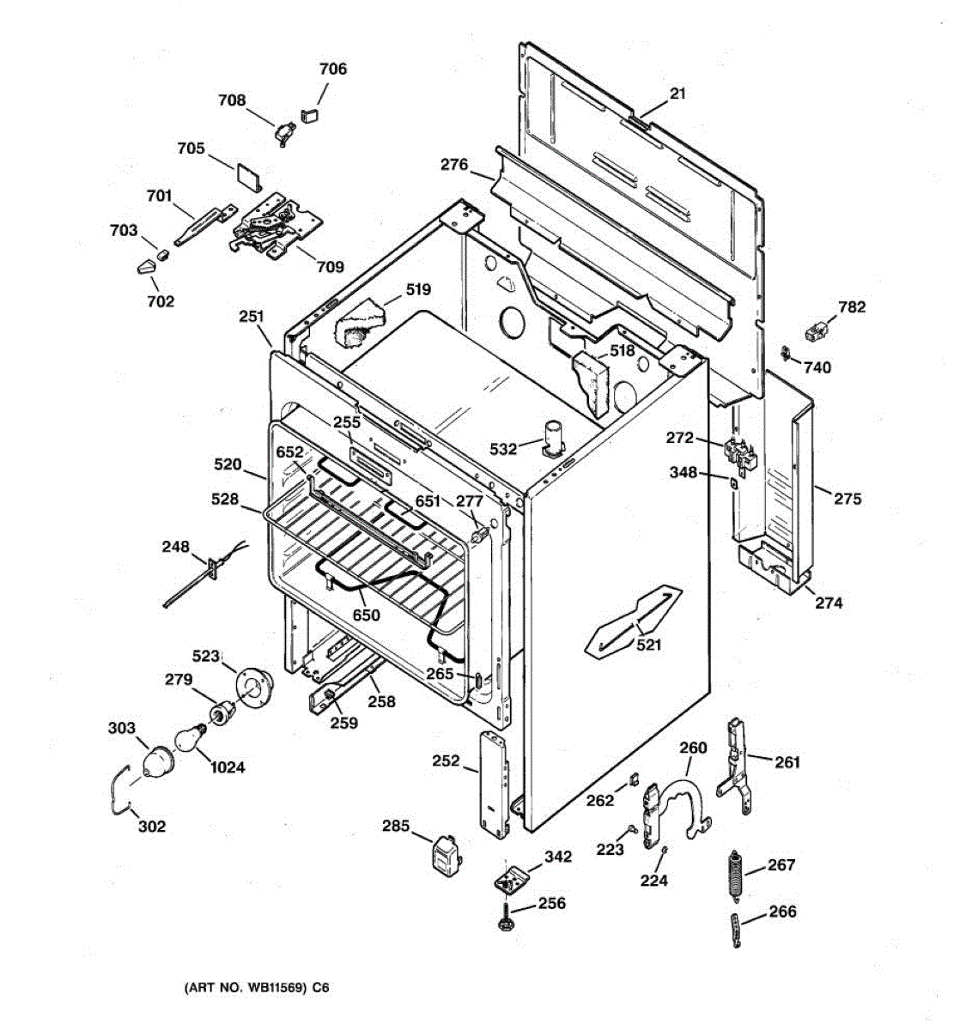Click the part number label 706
tap(332, 69)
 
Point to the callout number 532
tap(503, 449)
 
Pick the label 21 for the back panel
tap(677, 94)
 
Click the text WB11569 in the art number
tap(269, 988)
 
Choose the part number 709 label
tap(330, 267)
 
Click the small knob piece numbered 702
tap(147, 267)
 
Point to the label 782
tap(852, 307)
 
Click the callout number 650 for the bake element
tap(366, 615)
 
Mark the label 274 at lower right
tap(829, 603)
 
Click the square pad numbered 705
tap(250, 175)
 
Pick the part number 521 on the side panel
tap(648, 645)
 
